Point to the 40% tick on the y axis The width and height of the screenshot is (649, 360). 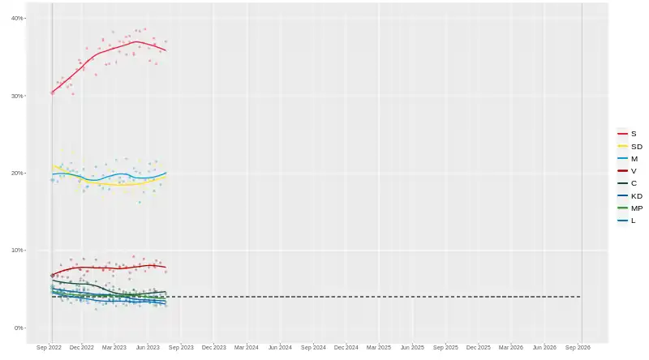click(17, 18)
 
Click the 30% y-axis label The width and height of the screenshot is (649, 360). click(17, 96)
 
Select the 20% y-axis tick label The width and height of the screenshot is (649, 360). click(17, 174)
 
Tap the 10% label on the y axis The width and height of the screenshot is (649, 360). click(17, 251)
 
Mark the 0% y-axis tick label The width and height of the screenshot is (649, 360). click(19, 328)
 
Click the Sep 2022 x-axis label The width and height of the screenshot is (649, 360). click(49, 347)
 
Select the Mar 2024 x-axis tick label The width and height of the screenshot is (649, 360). click(247, 347)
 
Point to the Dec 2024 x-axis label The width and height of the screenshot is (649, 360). click(346, 347)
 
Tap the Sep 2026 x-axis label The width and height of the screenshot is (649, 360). click(578, 347)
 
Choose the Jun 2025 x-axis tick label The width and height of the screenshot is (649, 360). click(412, 347)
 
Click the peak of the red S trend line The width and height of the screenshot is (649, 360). click(136, 41)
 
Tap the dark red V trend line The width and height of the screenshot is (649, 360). click(105, 268)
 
